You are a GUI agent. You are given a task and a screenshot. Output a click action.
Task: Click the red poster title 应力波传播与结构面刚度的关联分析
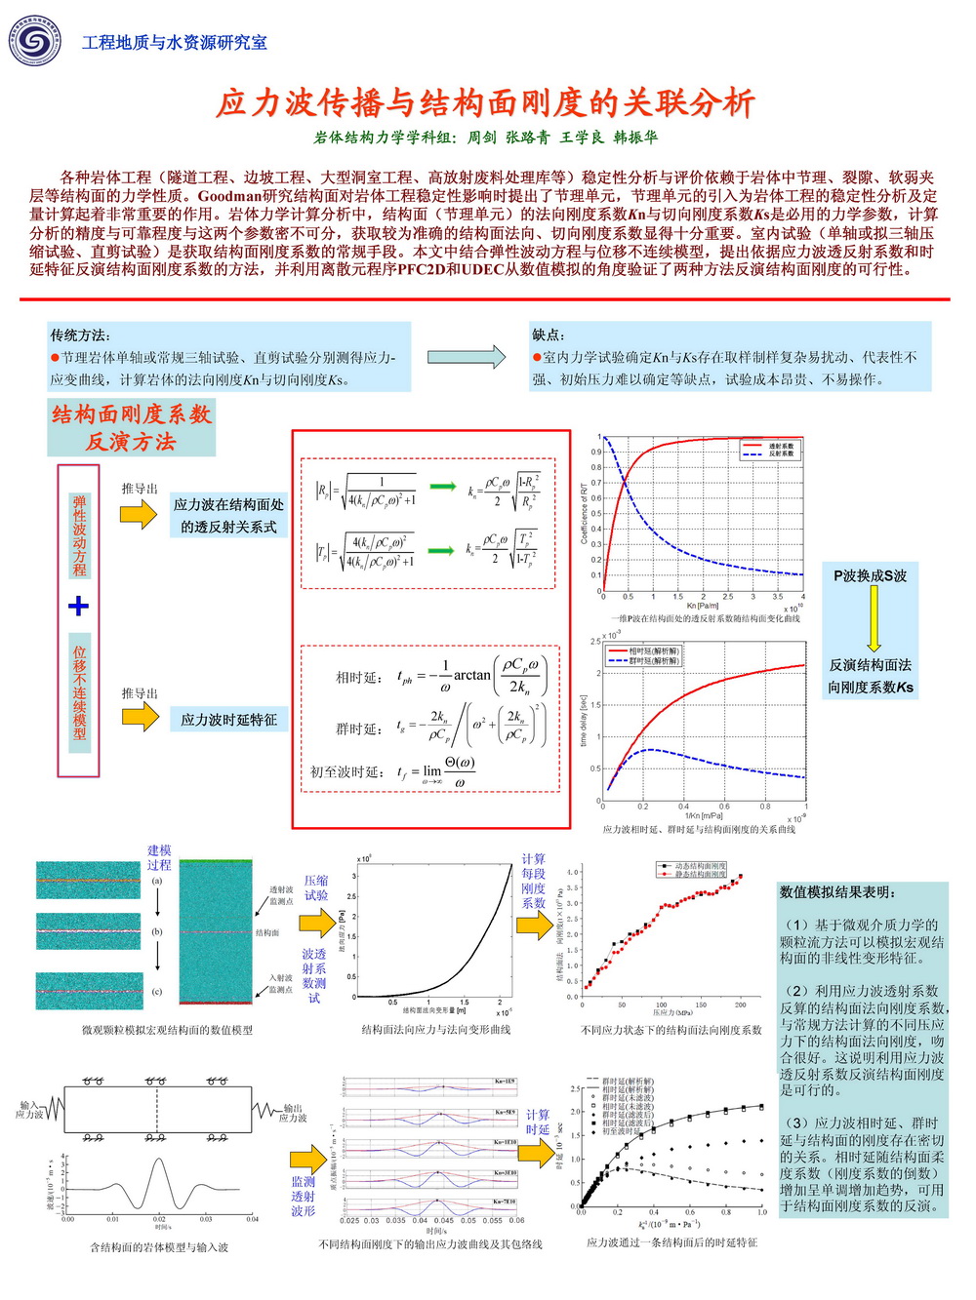(485, 102)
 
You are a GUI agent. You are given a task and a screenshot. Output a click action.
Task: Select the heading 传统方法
(80, 335)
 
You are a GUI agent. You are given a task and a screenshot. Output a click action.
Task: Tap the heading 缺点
(548, 335)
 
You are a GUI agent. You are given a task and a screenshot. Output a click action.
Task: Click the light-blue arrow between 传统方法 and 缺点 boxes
(467, 357)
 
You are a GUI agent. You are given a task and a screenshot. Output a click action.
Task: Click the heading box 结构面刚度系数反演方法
(132, 427)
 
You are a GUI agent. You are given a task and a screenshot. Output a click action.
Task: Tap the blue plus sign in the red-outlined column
(78, 607)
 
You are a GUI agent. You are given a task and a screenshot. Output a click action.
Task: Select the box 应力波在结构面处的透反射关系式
(228, 516)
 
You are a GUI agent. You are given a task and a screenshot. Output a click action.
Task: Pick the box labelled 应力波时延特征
(228, 720)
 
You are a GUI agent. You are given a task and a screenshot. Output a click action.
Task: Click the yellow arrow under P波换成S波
(873, 618)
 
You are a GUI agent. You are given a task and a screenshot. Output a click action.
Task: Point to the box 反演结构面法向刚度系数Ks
(871, 676)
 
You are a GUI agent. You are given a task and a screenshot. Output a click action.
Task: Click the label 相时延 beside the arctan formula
(357, 678)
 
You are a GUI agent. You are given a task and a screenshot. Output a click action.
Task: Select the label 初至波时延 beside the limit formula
(346, 772)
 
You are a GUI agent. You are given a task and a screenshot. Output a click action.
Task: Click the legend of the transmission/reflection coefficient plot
(769, 450)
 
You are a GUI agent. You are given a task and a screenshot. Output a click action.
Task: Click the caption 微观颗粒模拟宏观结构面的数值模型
(167, 1030)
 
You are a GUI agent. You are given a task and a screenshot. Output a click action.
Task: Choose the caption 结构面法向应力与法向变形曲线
(435, 1030)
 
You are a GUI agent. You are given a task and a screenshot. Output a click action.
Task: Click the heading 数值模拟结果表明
(837, 892)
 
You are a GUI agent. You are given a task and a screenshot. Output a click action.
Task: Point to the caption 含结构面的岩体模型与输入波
(159, 1247)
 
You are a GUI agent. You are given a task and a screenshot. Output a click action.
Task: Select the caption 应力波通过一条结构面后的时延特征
(671, 1243)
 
